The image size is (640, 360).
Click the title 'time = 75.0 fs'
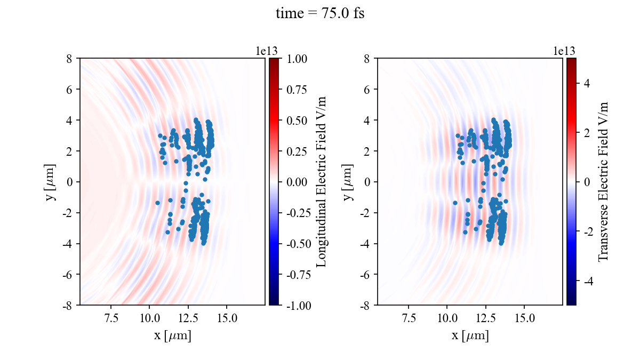(x=320, y=14)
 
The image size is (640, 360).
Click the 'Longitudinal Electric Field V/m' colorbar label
(x=322, y=181)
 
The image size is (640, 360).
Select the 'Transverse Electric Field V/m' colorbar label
(x=603, y=181)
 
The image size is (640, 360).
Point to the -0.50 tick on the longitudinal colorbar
(x=297, y=244)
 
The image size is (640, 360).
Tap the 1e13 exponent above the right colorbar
(x=564, y=51)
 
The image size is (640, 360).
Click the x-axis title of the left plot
(x=172, y=336)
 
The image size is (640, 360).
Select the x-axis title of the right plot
(x=470, y=336)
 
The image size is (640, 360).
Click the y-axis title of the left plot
(x=51, y=181)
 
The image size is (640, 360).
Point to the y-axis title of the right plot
(x=349, y=181)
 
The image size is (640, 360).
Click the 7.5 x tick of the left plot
(x=110, y=319)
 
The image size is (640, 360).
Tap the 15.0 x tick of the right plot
(x=524, y=319)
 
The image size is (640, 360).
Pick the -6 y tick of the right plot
(x=366, y=275)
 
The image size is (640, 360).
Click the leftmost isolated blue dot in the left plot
(x=157, y=203)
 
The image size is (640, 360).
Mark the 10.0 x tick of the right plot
(x=447, y=319)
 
